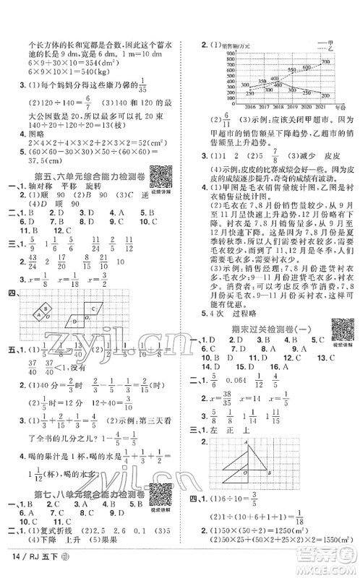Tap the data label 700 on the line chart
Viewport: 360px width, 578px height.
click(x=326, y=62)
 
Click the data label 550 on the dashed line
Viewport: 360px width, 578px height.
click(x=291, y=69)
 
